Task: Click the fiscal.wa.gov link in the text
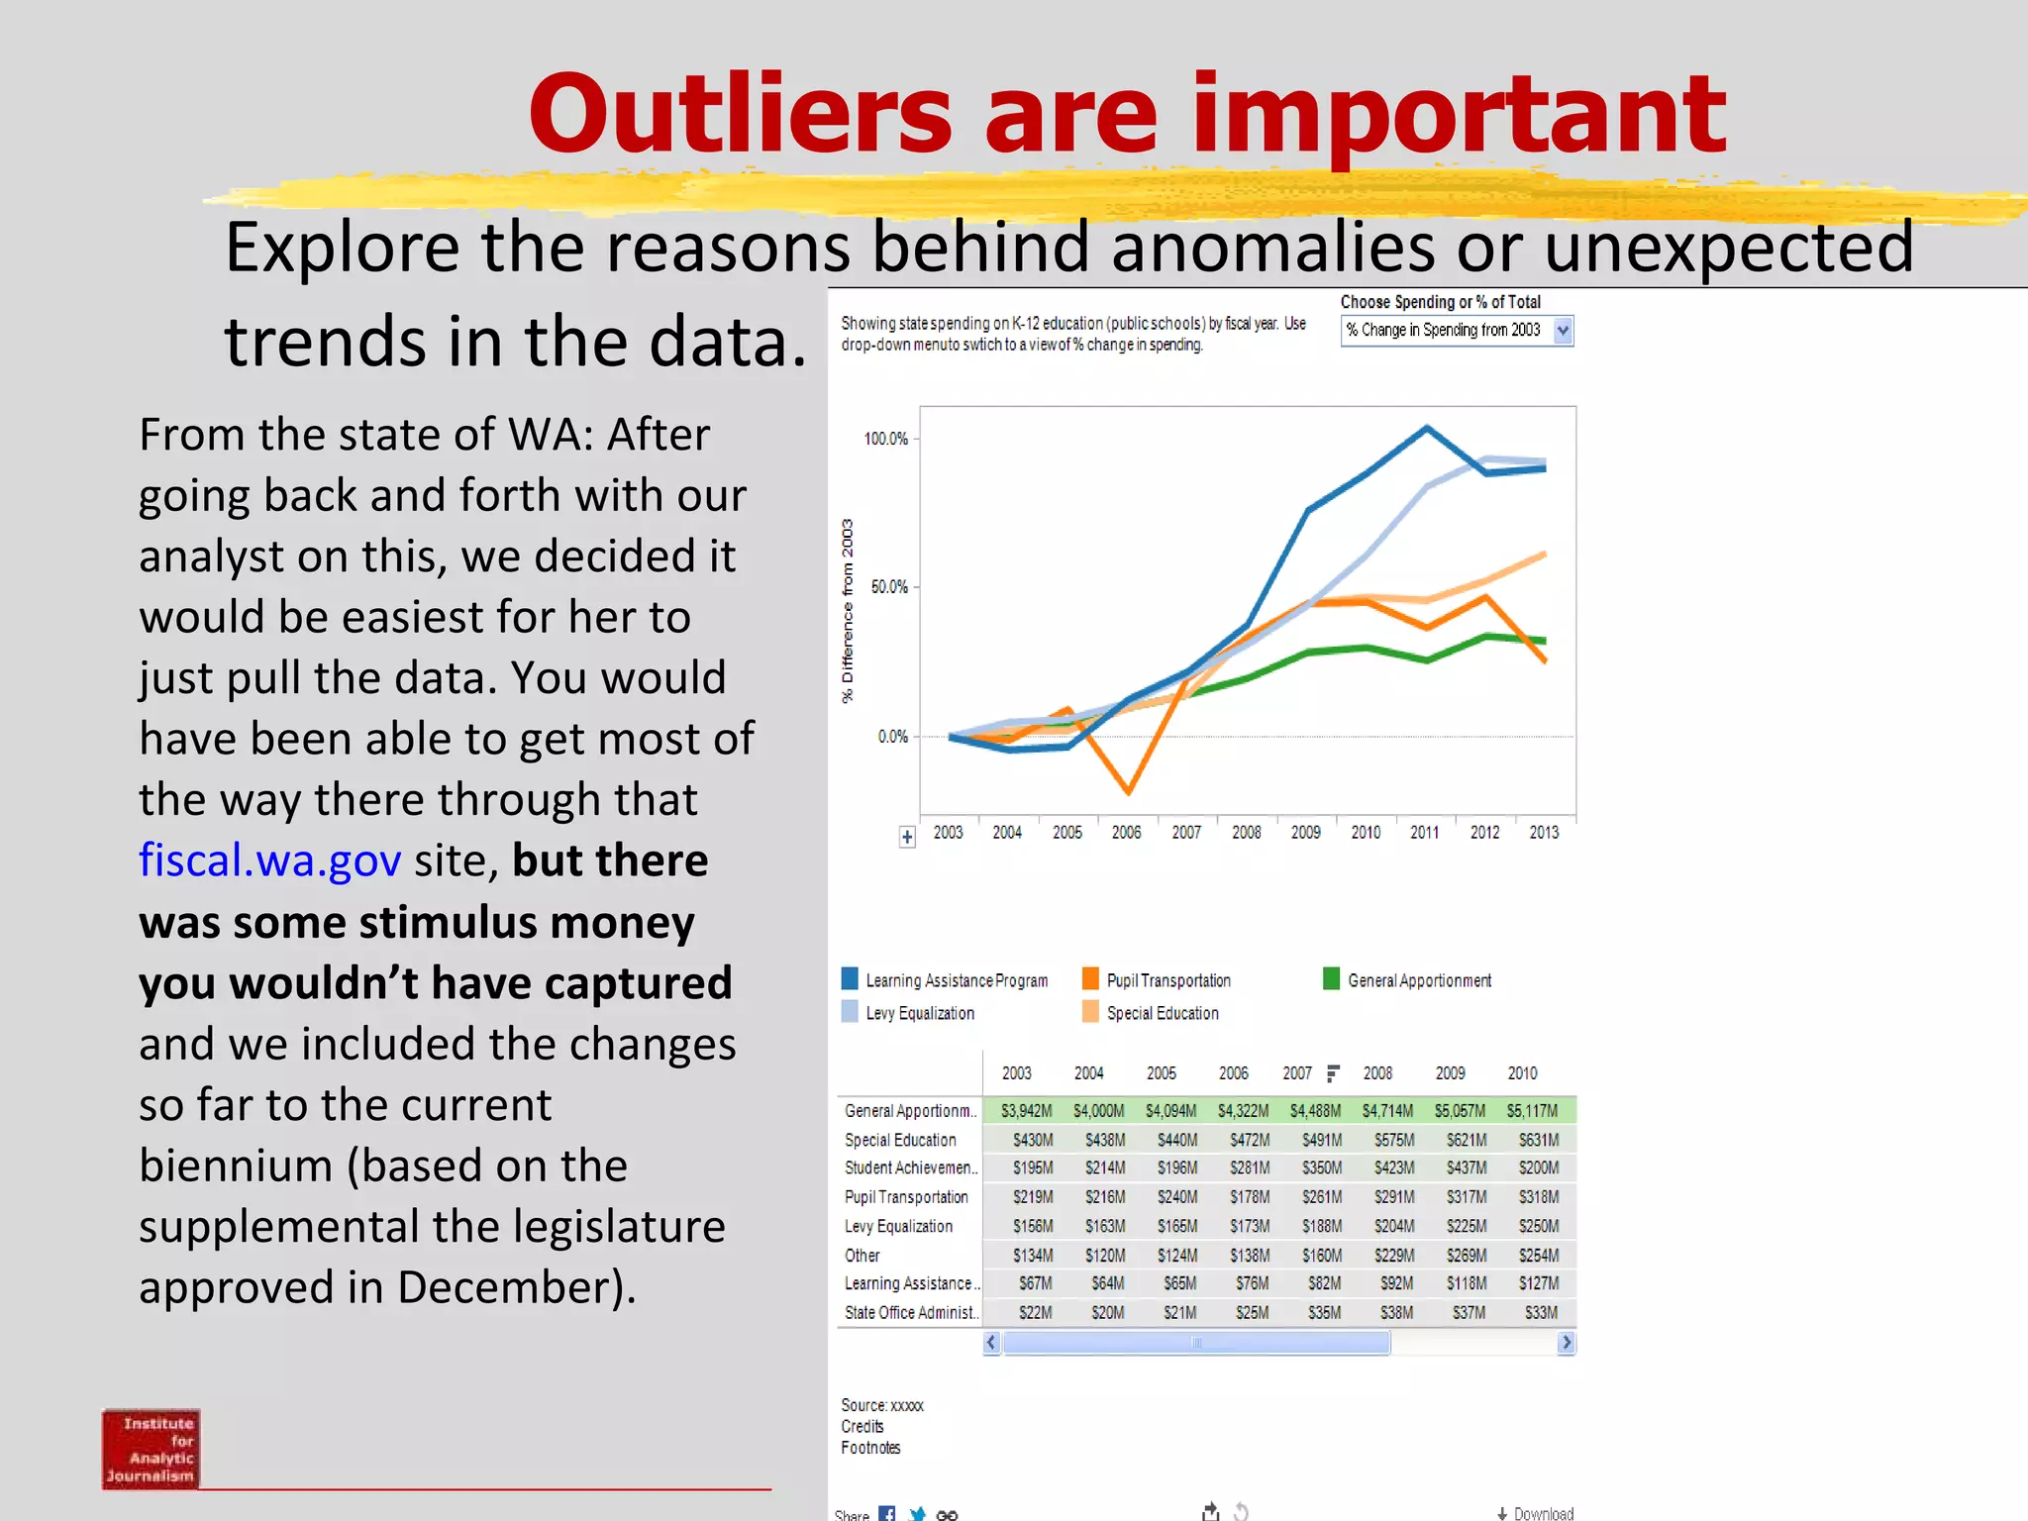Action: (269, 860)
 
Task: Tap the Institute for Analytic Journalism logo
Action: (151, 1448)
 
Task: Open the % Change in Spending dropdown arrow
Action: (1563, 331)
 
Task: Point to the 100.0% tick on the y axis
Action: (885, 439)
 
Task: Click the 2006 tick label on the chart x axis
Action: (1127, 833)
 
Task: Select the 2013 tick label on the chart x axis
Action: (1544, 833)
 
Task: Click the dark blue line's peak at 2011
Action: (1426, 428)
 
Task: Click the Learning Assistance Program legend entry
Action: (956, 980)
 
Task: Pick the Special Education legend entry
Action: (1162, 1013)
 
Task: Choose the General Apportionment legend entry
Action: (1418, 980)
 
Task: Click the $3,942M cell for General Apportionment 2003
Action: (1026, 1111)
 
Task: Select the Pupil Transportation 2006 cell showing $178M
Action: (1250, 1197)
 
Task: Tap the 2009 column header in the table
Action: (1450, 1073)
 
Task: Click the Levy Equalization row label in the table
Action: (898, 1226)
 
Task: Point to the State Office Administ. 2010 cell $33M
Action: (1541, 1313)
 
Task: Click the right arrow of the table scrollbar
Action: (1566, 1343)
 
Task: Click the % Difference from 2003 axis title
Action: (848, 611)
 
